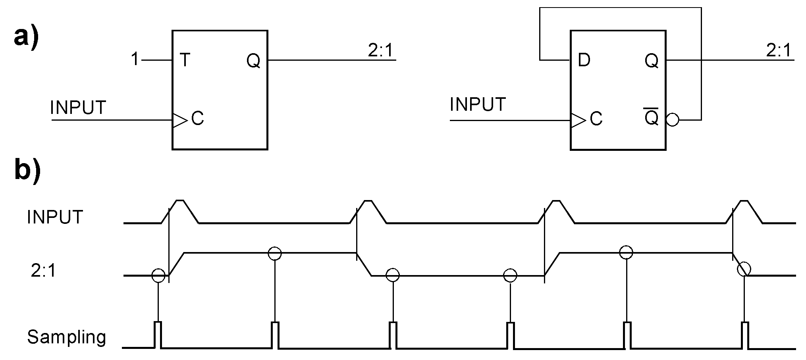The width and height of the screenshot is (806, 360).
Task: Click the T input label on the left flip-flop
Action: pyautogui.click(x=185, y=60)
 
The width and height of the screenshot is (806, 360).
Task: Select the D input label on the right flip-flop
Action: pyautogui.click(x=584, y=60)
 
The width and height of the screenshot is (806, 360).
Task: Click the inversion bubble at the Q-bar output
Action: pyautogui.click(x=673, y=120)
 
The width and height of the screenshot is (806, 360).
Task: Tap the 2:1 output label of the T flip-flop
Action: pyautogui.click(x=380, y=51)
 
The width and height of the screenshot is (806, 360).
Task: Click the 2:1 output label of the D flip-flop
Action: pyautogui.click(x=778, y=51)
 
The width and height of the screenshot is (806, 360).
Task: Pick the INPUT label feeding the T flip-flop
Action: pyautogui.click(x=78, y=108)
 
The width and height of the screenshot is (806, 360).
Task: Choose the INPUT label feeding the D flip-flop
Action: pyautogui.click(x=478, y=104)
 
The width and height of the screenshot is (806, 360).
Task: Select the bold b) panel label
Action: pyautogui.click(x=27, y=170)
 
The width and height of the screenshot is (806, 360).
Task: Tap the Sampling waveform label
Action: pyautogui.click(x=67, y=337)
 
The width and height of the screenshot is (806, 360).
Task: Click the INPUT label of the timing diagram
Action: pyautogui.click(x=55, y=217)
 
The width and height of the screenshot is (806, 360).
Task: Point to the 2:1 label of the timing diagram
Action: pyautogui.click(x=44, y=271)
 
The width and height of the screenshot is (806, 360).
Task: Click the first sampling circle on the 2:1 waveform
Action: pyautogui.click(x=158, y=275)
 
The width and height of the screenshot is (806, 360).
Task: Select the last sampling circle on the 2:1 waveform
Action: pyautogui.click(x=744, y=269)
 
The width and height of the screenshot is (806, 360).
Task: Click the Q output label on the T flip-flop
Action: pyautogui.click(x=253, y=61)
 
